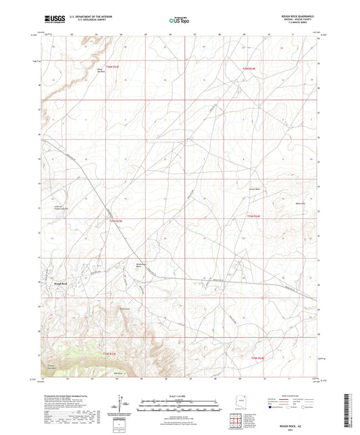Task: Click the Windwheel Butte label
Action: pyautogui.click(x=143, y=265)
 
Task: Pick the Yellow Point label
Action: pyautogui.click(x=124, y=310)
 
